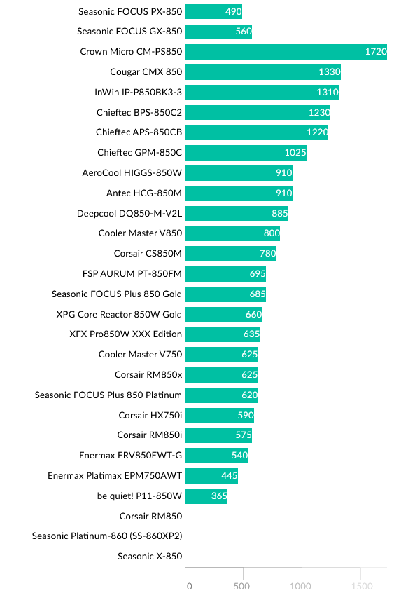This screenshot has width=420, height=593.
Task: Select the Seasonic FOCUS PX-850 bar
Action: click(x=213, y=11)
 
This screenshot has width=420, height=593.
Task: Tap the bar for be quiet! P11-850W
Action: click(x=206, y=496)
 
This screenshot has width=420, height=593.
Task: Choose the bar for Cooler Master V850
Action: click(x=232, y=233)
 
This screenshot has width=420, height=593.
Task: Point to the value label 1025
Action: click(x=295, y=153)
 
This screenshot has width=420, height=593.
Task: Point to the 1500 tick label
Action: click(x=361, y=585)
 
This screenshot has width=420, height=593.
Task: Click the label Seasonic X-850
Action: click(x=150, y=557)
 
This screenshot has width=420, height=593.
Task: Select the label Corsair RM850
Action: click(x=150, y=517)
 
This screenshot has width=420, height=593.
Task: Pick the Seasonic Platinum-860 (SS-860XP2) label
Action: click(x=107, y=536)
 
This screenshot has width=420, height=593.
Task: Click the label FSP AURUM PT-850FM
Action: click(x=132, y=274)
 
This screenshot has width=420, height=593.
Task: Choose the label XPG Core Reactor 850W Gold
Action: click(x=119, y=315)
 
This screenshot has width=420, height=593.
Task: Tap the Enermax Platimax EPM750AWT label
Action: click(x=115, y=476)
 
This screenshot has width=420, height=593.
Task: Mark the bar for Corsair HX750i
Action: click(x=220, y=416)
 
